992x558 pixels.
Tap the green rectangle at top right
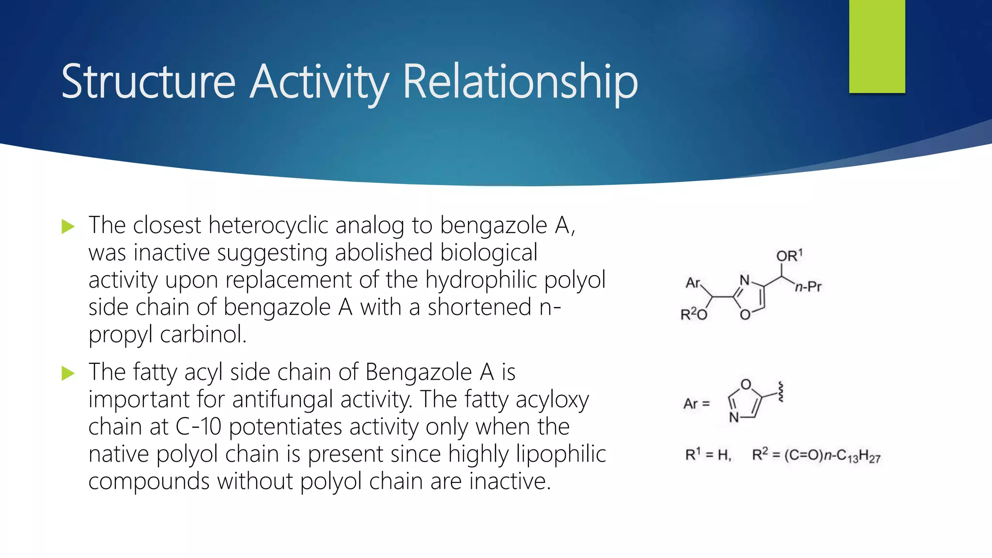coord(877,46)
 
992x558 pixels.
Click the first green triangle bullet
coord(68,226)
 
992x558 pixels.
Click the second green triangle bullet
coord(68,373)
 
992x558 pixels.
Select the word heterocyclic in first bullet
coord(269,226)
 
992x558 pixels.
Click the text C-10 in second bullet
coord(198,427)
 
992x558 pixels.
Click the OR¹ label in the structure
coord(789,256)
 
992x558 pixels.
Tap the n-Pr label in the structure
coord(808,287)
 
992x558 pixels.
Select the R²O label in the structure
coord(694,315)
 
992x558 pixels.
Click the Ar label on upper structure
coord(693,283)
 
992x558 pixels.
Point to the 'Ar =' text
coord(697,403)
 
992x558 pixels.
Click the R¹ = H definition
coord(708,455)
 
